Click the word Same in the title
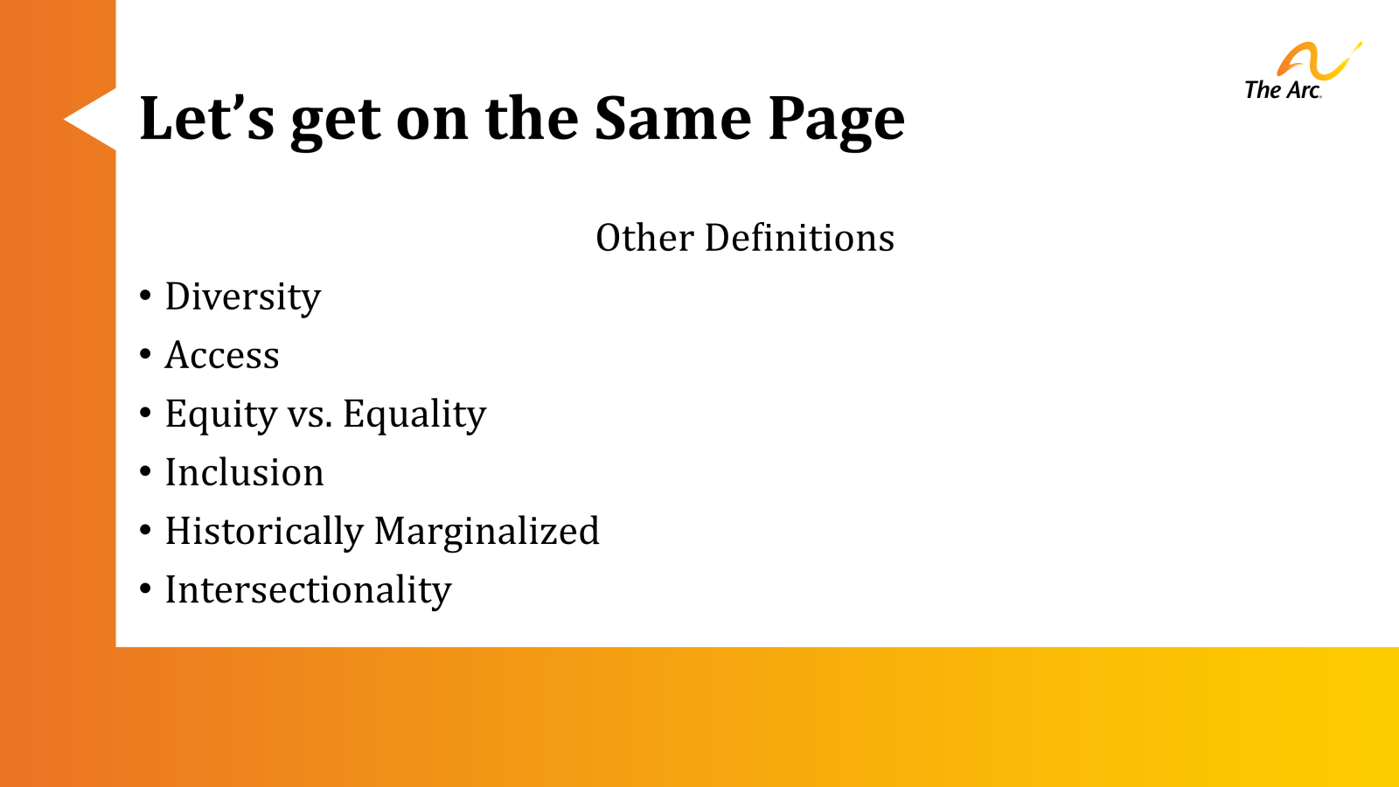pyautogui.click(x=672, y=118)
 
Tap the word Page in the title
pyautogui.click(x=836, y=120)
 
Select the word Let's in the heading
pyautogui.click(x=206, y=118)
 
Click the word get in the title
pyautogui.click(x=336, y=122)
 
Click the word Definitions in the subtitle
pyautogui.click(x=799, y=238)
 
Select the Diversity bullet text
pyautogui.click(x=243, y=297)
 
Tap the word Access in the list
pyautogui.click(x=222, y=355)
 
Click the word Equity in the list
pyautogui.click(x=220, y=414)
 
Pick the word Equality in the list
pyautogui.click(x=414, y=414)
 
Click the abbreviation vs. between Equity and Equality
pyautogui.click(x=310, y=414)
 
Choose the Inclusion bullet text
pyautogui.click(x=244, y=472)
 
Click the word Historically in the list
pyautogui.click(x=264, y=532)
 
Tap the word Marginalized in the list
pyautogui.click(x=487, y=532)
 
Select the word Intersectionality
pyautogui.click(x=308, y=590)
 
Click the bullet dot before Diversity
pyautogui.click(x=145, y=295)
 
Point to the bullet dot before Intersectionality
pyautogui.click(x=145, y=589)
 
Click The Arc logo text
pyautogui.click(x=1282, y=90)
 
